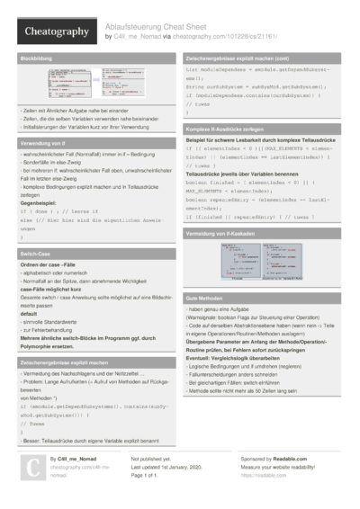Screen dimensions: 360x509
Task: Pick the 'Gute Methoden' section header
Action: click(x=206, y=297)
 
